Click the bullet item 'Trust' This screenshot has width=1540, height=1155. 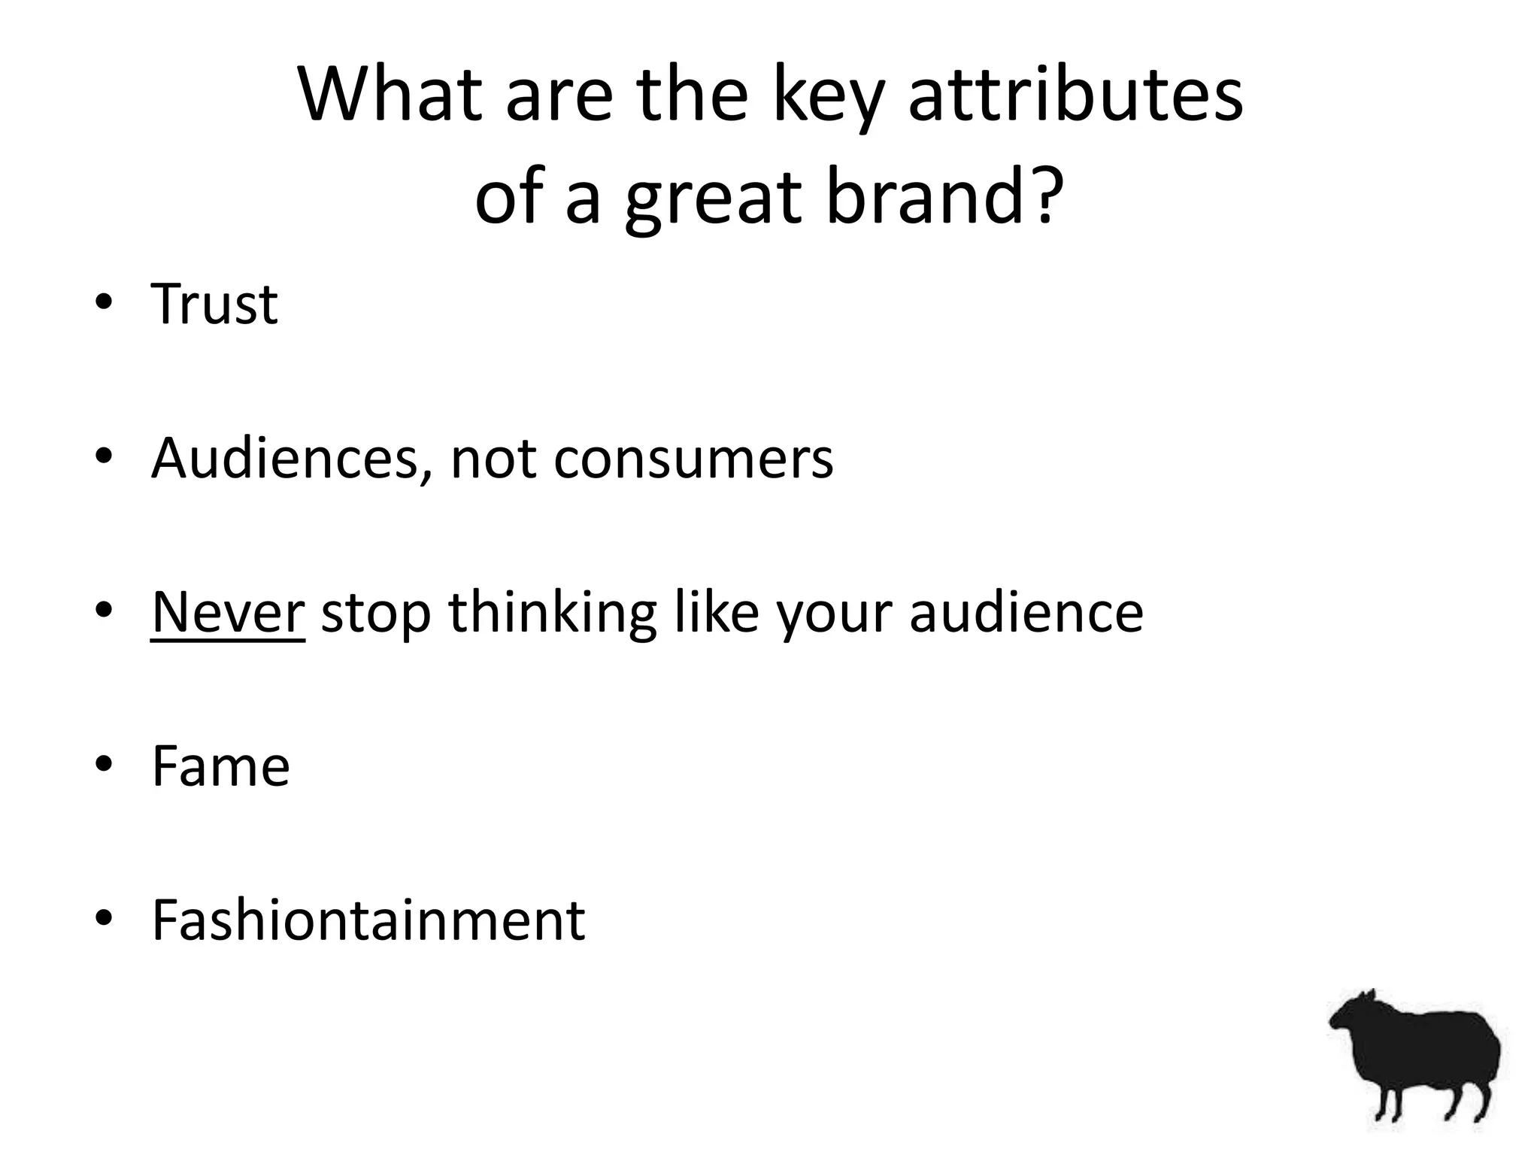coord(214,304)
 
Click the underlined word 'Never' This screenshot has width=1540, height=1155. coord(227,612)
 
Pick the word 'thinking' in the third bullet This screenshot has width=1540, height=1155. coord(553,612)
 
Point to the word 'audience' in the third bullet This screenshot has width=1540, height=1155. coord(1026,612)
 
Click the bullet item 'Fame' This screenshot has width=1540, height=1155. coord(220,766)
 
